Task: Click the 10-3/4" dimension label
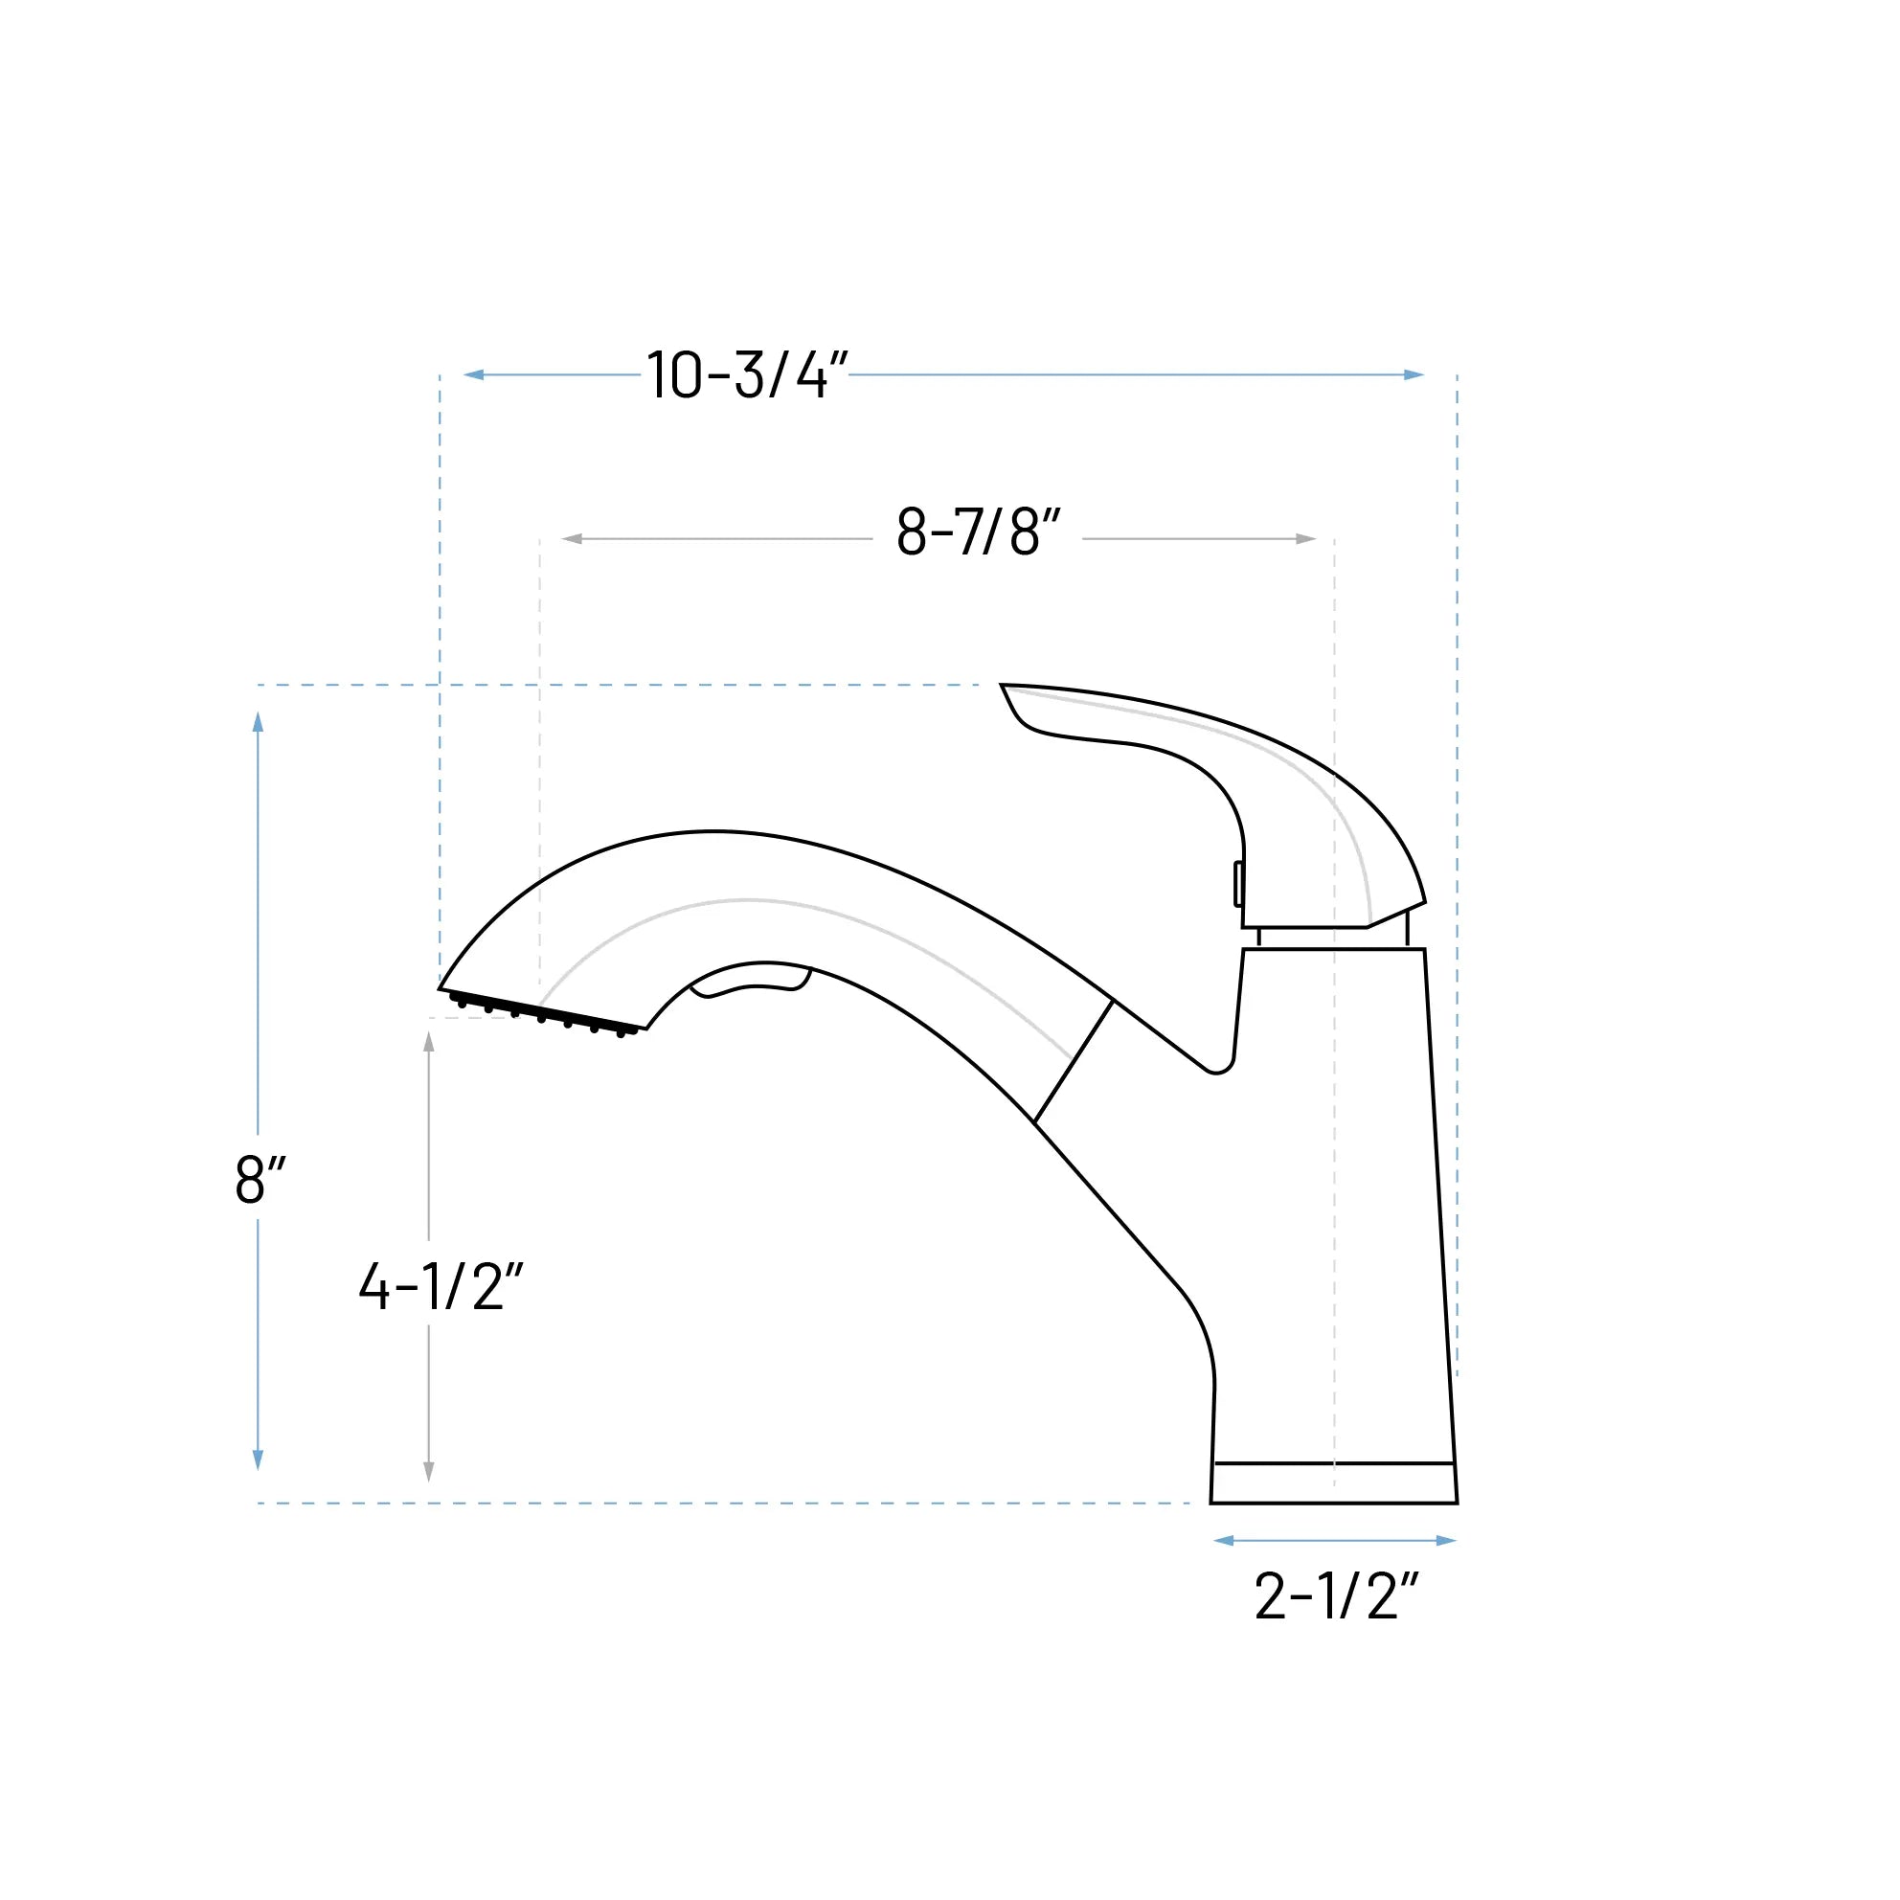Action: tap(747, 374)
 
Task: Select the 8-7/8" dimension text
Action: tap(979, 532)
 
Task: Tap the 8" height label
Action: tap(260, 1178)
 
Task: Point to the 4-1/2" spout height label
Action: tap(441, 1286)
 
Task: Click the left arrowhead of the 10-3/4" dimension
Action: tap(474, 374)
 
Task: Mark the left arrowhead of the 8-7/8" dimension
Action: tap(573, 539)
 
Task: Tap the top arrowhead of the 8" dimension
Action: tap(258, 723)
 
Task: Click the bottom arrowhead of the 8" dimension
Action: tap(258, 1459)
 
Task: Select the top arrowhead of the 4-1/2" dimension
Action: tap(429, 1043)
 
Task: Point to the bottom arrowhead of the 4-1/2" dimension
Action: tap(429, 1470)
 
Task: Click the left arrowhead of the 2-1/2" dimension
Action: tap(1225, 1541)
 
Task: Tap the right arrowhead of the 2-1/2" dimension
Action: tap(1446, 1541)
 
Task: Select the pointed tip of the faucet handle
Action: tap(1006, 687)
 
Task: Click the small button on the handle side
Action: tap(1238, 883)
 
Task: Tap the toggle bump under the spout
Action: tap(753, 984)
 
